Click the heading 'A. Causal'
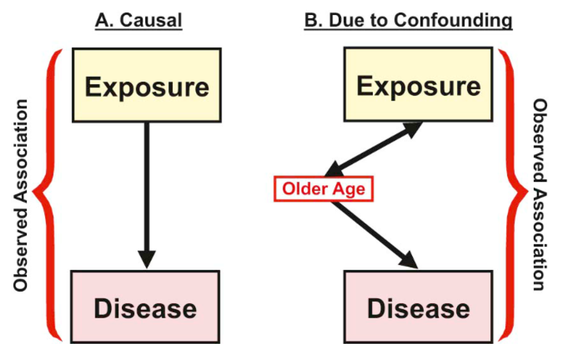[139, 20]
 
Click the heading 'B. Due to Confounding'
[408, 20]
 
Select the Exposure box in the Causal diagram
[146, 85]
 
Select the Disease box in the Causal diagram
[145, 307]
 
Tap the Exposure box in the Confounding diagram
[418, 85]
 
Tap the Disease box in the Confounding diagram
[418, 308]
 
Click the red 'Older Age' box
[323, 189]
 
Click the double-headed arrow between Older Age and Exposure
[373, 149]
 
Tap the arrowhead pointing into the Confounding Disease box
[409, 260]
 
